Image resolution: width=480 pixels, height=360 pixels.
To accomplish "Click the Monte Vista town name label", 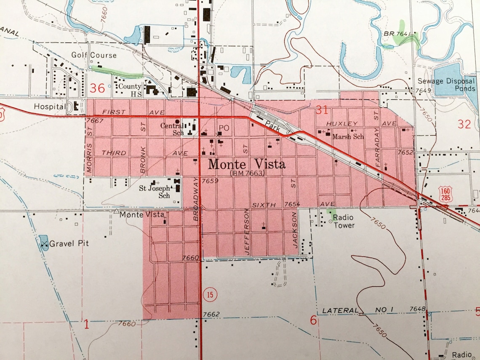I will (x=247, y=164).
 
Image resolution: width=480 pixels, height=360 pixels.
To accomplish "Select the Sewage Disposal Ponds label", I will (x=446, y=85).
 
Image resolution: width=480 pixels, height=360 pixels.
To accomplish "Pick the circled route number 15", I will (x=209, y=294).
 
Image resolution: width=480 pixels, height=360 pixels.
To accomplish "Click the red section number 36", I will (x=96, y=88).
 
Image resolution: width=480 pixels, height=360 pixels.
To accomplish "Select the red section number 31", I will (x=322, y=110).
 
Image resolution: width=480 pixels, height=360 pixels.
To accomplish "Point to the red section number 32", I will (x=464, y=124).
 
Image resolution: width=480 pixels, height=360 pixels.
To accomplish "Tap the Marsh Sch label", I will (x=348, y=136).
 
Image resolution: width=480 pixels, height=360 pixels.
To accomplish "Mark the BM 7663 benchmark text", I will (x=247, y=173).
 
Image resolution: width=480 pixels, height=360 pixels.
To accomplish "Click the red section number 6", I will (x=313, y=320).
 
